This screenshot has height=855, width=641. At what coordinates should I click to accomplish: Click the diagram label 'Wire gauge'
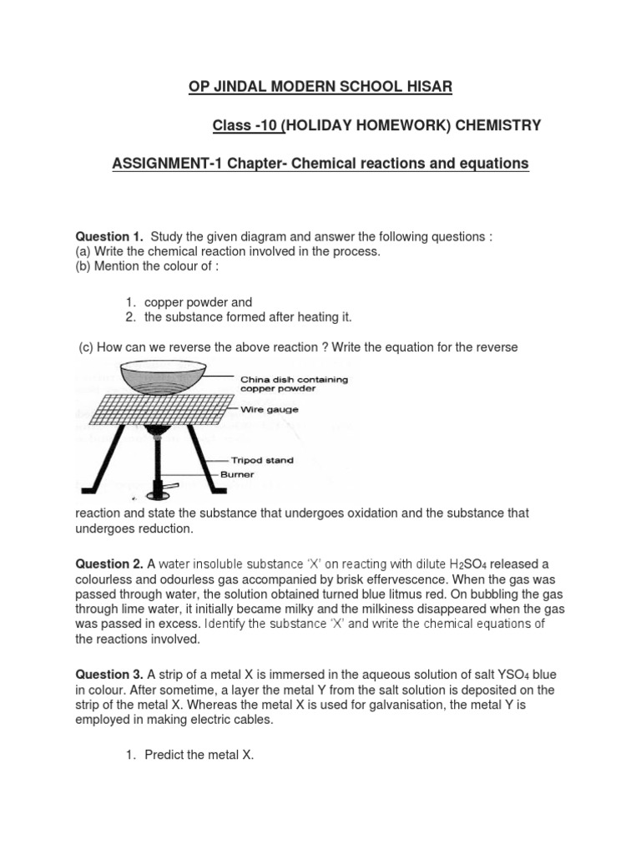coord(270,410)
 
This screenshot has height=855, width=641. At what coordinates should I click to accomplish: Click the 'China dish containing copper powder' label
coord(294,384)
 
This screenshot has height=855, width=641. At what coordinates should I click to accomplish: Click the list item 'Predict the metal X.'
coord(199,755)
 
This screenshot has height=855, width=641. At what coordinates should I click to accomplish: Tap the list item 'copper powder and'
coord(198,301)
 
